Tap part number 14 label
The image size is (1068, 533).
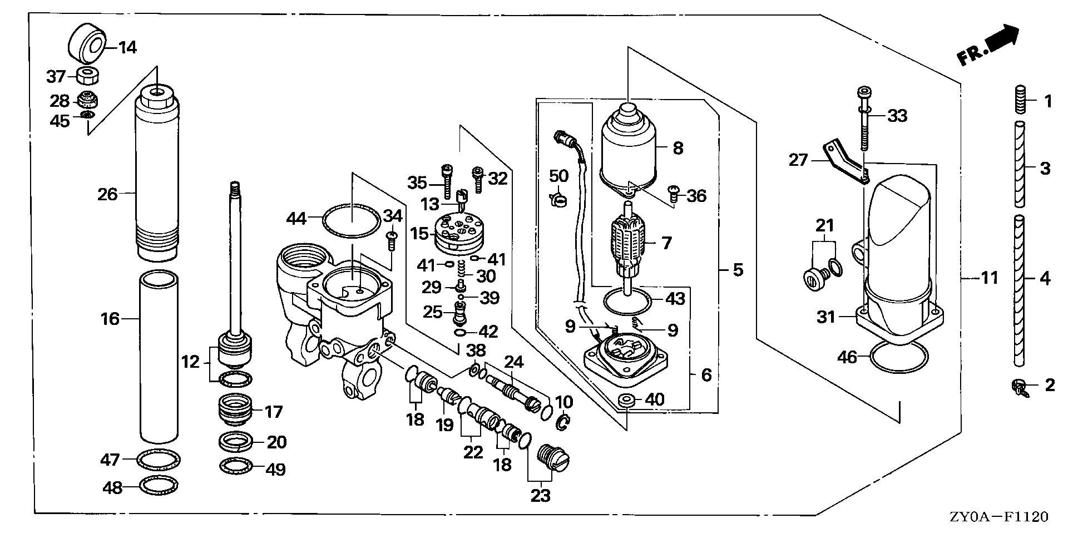pos(127,47)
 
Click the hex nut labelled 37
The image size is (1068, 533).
pos(85,75)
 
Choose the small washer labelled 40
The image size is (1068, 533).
pos(627,399)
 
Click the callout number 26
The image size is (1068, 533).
pos(107,194)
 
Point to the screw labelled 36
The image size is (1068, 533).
pos(673,193)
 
